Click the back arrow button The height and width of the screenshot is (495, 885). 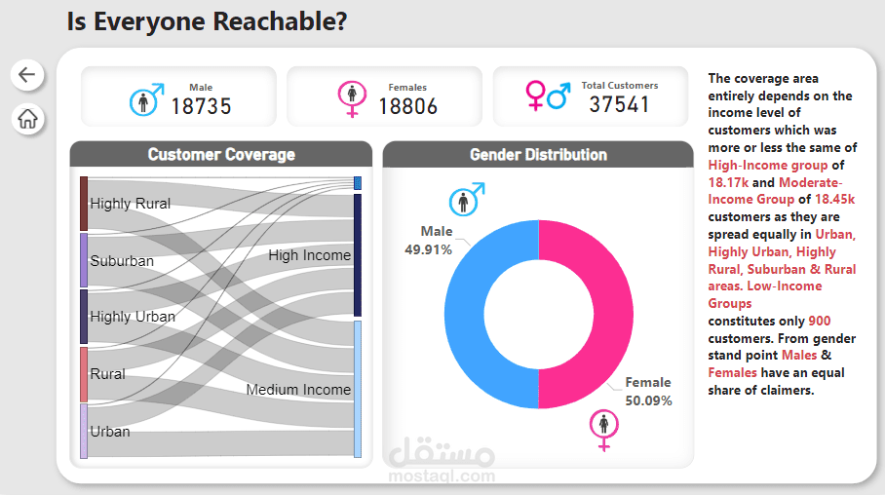pyautogui.click(x=26, y=74)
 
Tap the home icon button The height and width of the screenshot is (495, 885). pyautogui.click(x=27, y=119)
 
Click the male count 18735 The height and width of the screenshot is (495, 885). pyautogui.click(x=201, y=105)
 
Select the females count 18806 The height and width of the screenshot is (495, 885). pyautogui.click(x=407, y=105)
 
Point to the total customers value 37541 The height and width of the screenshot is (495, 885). pyautogui.click(x=619, y=103)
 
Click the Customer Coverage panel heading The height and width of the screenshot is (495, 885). pyautogui.click(x=221, y=155)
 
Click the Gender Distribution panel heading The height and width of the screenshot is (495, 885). pyautogui.click(x=538, y=155)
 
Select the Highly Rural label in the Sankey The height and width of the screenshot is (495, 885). pyautogui.click(x=130, y=204)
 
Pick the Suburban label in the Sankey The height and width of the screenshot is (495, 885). pyautogui.click(x=122, y=261)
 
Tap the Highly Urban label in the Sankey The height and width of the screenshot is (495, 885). pyautogui.click(x=133, y=317)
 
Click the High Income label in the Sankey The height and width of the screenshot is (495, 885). pyautogui.click(x=309, y=255)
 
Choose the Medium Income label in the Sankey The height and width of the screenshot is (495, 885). pyautogui.click(x=298, y=390)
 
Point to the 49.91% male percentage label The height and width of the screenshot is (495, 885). pyautogui.click(x=429, y=249)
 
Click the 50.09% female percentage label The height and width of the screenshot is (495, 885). pyautogui.click(x=648, y=400)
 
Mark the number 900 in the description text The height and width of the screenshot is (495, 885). pyautogui.click(x=819, y=321)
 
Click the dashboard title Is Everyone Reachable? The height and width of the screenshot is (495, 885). pyautogui.click(x=207, y=21)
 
